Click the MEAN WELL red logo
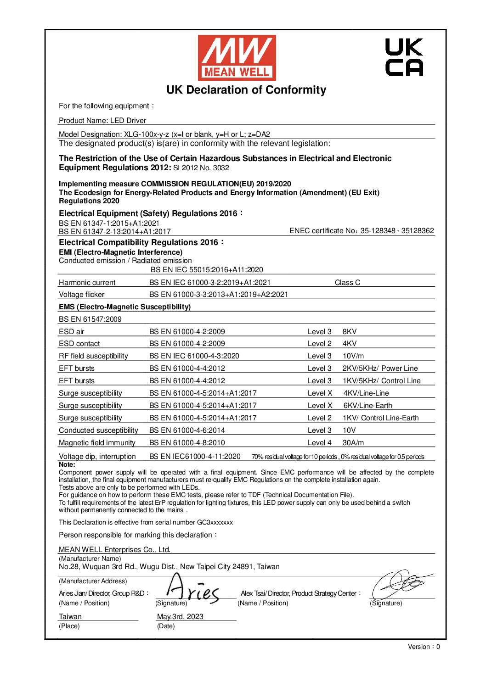[237, 58]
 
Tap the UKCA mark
[404, 57]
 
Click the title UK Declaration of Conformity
[246, 90]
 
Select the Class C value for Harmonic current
[347, 283]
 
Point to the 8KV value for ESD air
[350, 331]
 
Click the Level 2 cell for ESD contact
[319, 344]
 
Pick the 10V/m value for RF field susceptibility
[353, 356]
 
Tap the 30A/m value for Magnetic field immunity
[353, 443]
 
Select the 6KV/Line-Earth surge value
[367, 406]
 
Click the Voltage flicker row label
[81, 295]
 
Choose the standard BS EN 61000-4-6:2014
[187, 430]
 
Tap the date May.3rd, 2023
[180, 617]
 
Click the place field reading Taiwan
[70, 617]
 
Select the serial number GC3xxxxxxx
[215, 523]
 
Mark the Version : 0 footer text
[424, 647]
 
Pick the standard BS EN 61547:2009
[90, 319]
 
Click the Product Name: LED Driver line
[102, 121]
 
